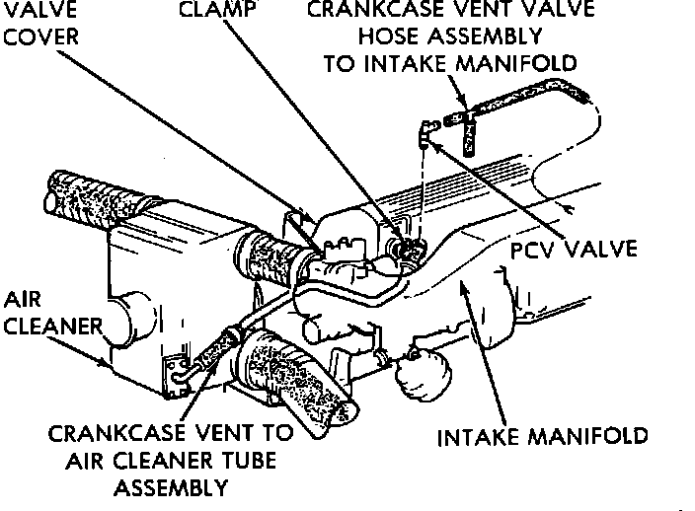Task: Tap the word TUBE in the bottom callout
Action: [x=247, y=461]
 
